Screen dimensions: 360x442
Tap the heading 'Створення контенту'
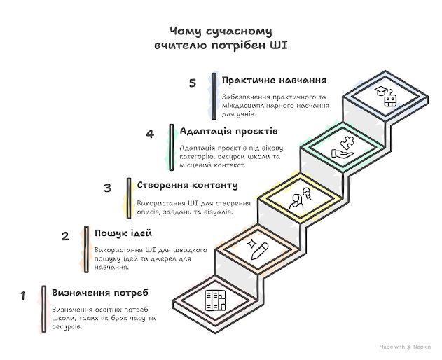click(x=187, y=186)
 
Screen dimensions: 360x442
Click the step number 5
click(x=192, y=83)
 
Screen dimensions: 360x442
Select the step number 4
click(x=150, y=134)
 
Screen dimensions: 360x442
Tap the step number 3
click(x=107, y=188)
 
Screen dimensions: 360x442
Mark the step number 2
click(x=65, y=237)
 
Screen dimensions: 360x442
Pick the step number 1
click(x=23, y=296)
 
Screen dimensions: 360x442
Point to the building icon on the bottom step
click(x=214, y=301)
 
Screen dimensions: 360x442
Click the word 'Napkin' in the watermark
click(x=422, y=347)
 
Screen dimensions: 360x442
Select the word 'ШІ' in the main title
click(x=279, y=46)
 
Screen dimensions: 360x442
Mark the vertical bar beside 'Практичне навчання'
click(x=214, y=95)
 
